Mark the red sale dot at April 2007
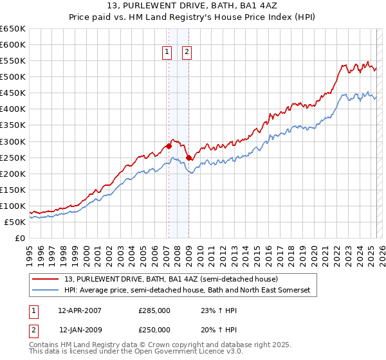(x=169, y=146)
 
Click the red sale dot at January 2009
(x=188, y=157)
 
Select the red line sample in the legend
(x=46, y=279)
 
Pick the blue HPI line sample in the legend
(x=46, y=291)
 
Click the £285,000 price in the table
(x=154, y=310)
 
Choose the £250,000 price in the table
(x=154, y=330)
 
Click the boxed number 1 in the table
(x=33, y=310)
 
